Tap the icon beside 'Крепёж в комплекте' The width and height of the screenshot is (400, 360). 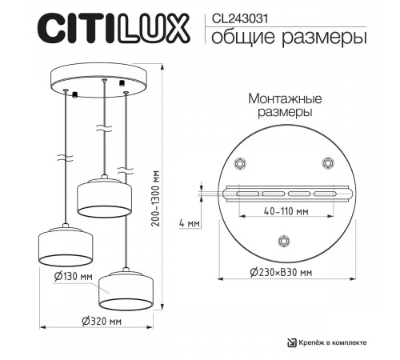click(293, 342)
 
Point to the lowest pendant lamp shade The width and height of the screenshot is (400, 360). click(126, 289)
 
